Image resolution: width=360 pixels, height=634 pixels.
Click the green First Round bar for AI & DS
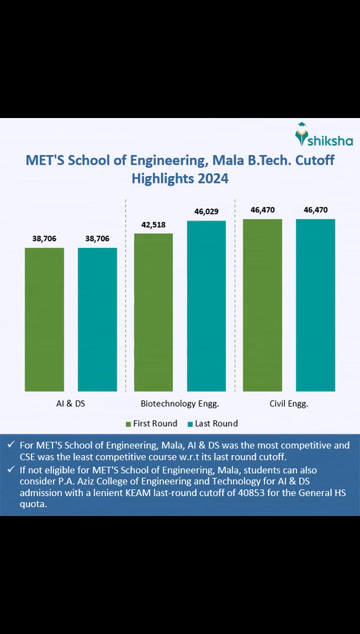(x=45, y=319)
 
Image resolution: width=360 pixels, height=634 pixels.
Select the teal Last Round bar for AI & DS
(x=97, y=319)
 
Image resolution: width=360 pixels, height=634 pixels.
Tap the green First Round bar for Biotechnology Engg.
(x=153, y=312)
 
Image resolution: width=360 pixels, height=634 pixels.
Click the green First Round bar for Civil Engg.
(x=263, y=305)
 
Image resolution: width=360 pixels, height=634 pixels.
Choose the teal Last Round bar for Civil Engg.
(x=315, y=305)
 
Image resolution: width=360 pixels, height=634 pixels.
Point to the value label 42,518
(x=154, y=224)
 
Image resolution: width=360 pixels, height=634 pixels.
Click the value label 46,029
(x=206, y=212)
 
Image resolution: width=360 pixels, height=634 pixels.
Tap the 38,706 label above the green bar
(x=45, y=238)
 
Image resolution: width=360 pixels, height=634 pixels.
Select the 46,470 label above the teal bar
(x=315, y=210)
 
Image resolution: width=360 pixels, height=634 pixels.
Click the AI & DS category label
(x=71, y=404)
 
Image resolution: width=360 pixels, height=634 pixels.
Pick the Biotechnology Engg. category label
(x=180, y=404)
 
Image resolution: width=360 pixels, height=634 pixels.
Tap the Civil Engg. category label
(x=289, y=404)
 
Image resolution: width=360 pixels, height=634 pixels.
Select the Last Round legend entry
(x=212, y=423)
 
